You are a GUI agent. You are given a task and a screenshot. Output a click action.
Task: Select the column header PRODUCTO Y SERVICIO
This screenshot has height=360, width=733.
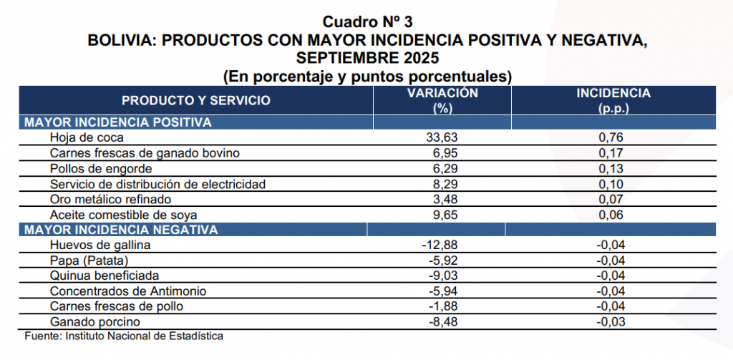195,100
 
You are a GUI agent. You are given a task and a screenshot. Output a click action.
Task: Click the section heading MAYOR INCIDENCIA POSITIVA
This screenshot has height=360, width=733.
117,122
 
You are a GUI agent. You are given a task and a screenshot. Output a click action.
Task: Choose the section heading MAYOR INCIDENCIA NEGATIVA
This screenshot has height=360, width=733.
120,230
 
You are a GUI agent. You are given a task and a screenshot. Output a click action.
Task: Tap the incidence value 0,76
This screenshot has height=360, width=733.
613,138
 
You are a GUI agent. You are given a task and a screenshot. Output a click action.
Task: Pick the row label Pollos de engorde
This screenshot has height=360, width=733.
101,169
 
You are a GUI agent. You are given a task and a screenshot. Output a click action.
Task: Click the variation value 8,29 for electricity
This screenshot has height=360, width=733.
442,184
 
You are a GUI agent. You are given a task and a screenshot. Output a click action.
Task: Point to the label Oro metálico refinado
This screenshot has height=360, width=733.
111,199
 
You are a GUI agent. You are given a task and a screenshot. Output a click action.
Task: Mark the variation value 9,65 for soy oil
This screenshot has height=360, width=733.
442,215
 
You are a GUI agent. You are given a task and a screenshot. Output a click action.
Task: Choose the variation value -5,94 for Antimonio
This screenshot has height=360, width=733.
439,291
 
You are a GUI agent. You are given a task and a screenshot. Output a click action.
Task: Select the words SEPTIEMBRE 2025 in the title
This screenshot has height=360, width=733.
367,57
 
